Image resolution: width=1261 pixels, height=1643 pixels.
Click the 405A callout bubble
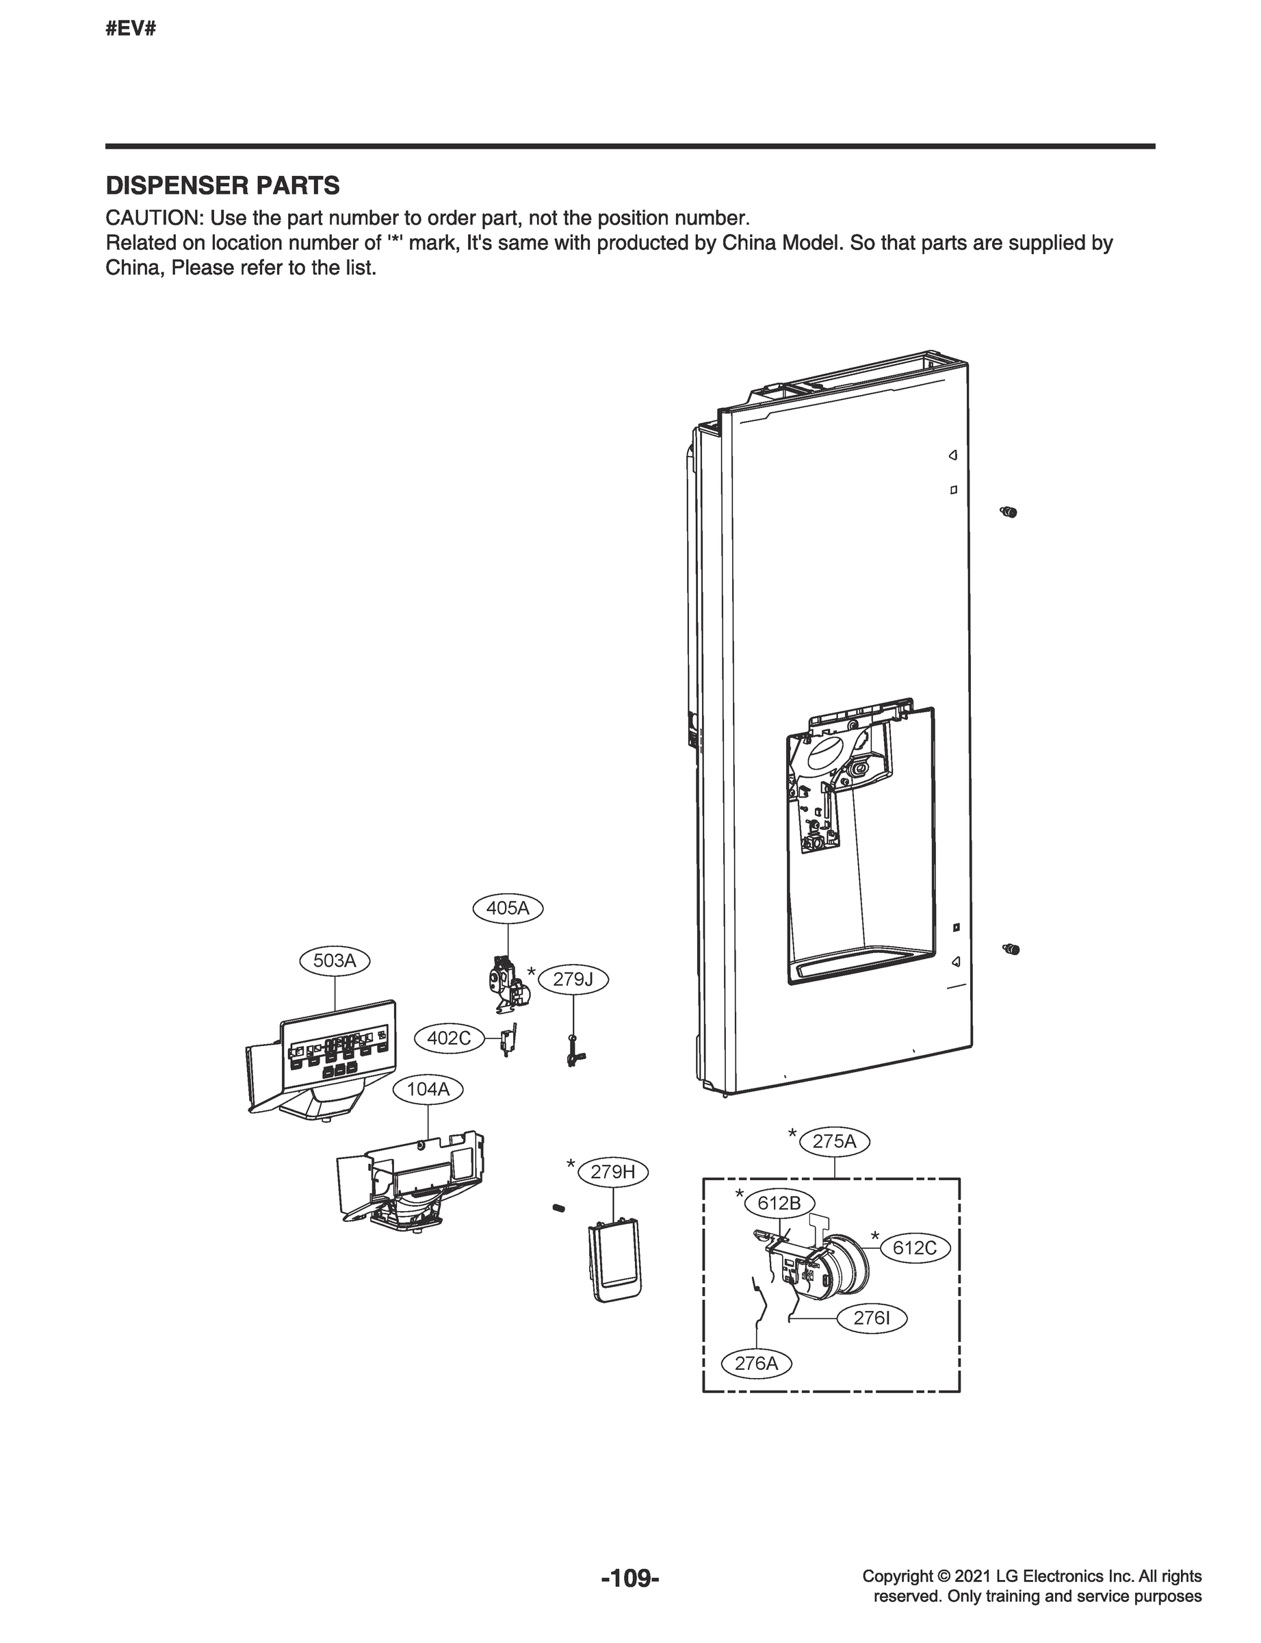click(x=508, y=908)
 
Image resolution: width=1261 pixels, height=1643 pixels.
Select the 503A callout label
click(x=335, y=960)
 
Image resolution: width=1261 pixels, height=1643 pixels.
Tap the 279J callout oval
click(x=573, y=979)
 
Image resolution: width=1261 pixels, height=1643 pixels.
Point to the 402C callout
click(x=449, y=1038)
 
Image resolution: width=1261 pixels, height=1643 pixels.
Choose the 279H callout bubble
click(x=612, y=1171)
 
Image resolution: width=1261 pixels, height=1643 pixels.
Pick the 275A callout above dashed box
click(x=834, y=1141)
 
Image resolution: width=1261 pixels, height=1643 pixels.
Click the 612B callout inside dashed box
click(x=779, y=1203)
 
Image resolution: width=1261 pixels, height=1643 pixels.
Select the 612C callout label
click(x=914, y=1248)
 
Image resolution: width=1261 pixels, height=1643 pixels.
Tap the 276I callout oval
click(x=872, y=1317)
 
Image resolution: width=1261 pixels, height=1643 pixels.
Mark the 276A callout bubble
click(x=756, y=1363)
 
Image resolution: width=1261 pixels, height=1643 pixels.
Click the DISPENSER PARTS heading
click(x=222, y=186)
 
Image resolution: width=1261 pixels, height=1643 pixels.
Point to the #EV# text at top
click(x=131, y=30)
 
